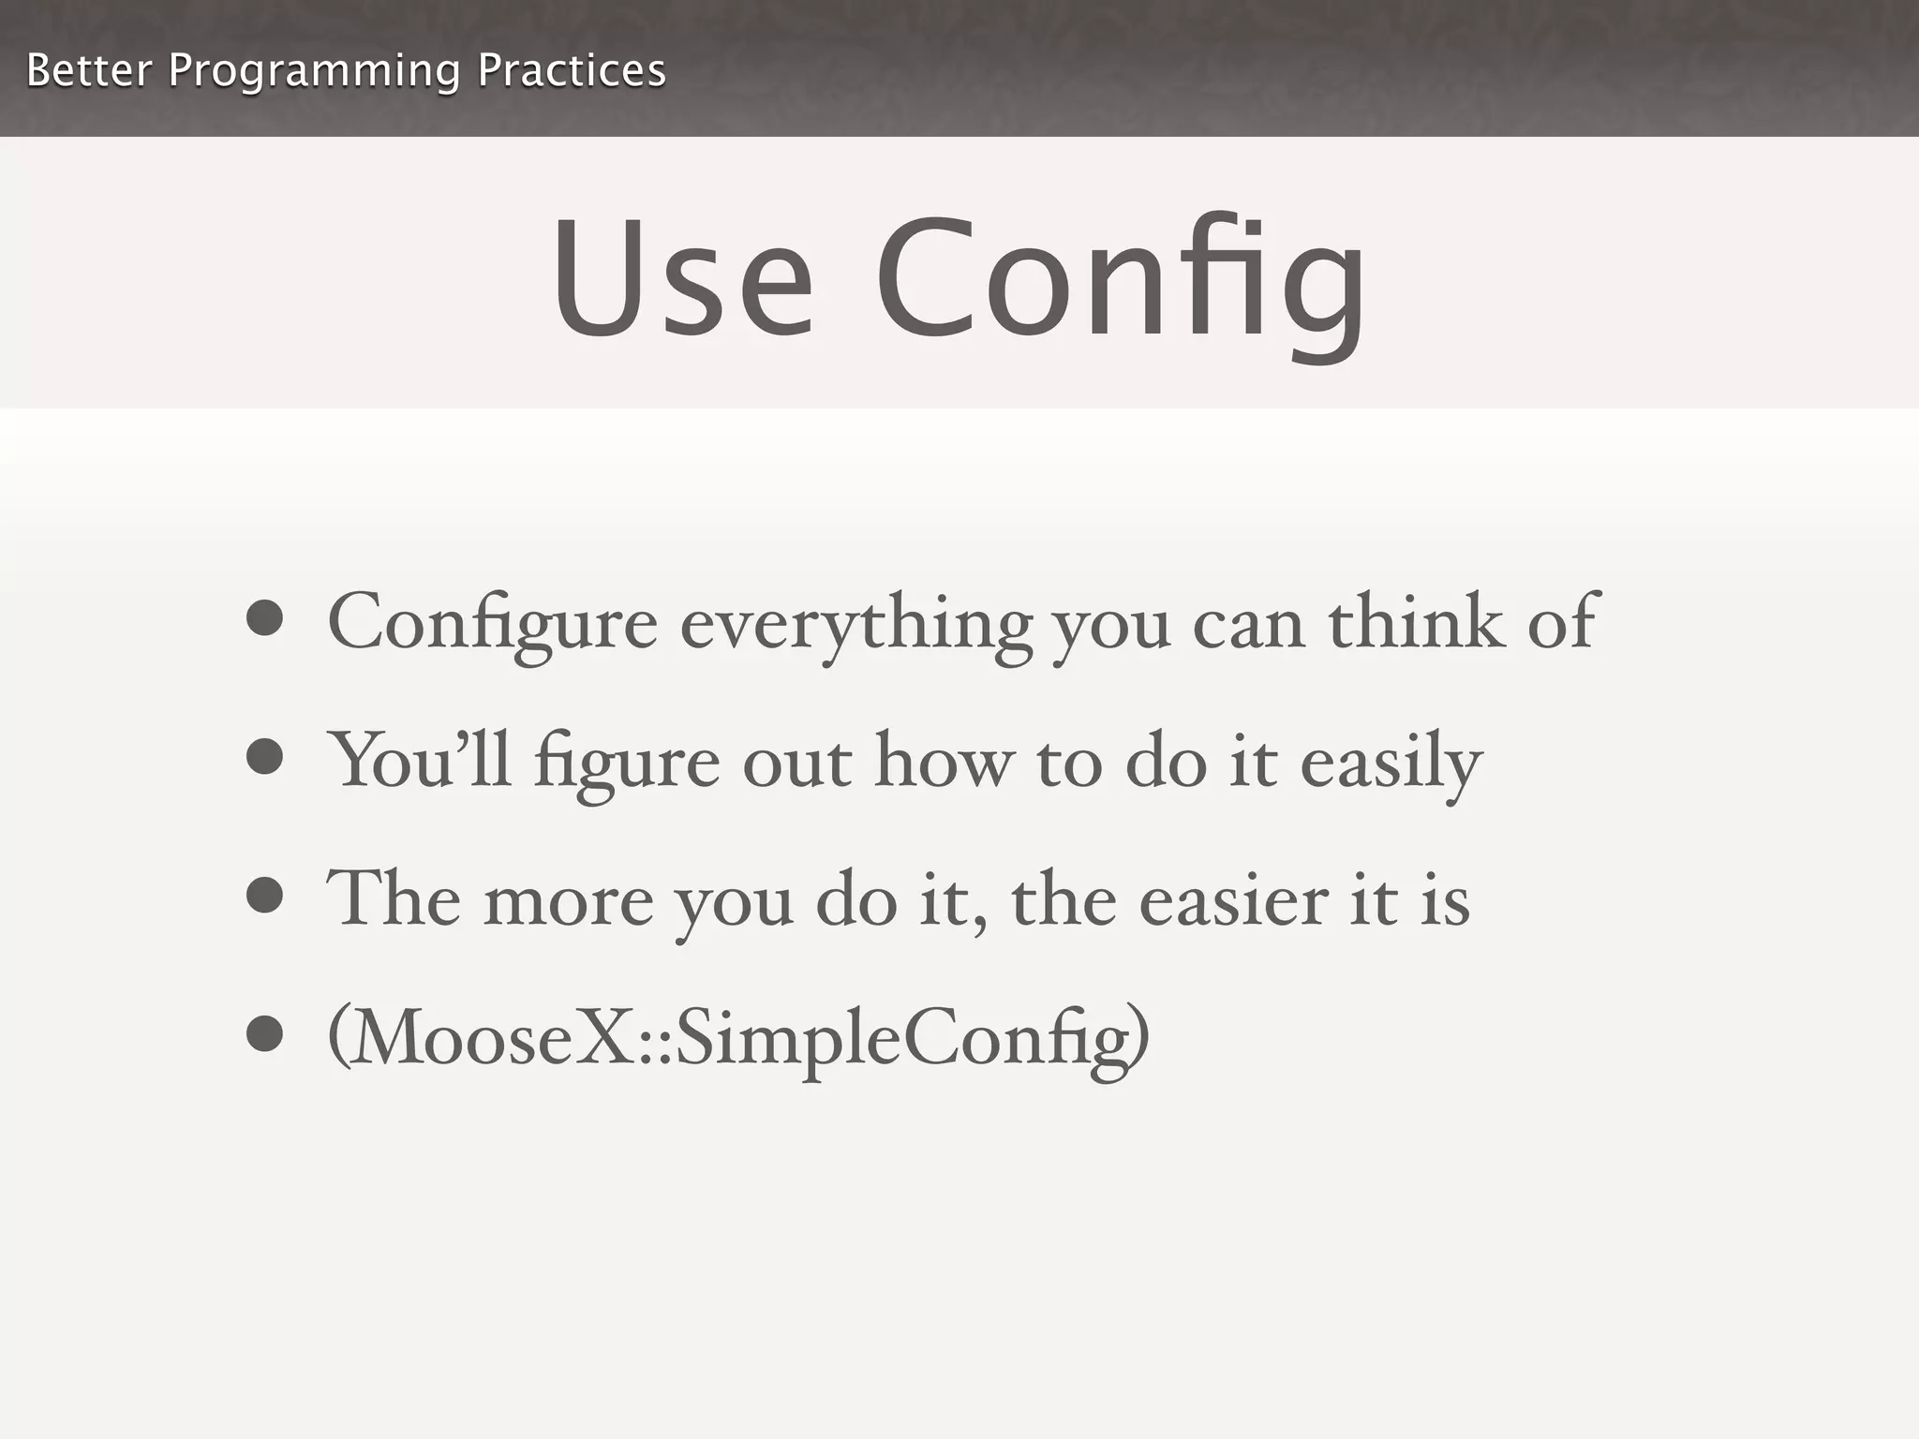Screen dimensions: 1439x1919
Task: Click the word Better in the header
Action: (x=88, y=70)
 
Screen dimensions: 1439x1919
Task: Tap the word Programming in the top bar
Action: (x=314, y=72)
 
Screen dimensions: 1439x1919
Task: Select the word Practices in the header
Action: (x=572, y=70)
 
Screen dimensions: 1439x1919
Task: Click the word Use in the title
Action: (x=682, y=278)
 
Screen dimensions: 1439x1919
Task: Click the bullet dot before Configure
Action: (x=265, y=618)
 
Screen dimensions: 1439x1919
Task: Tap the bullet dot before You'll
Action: (x=265, y=757)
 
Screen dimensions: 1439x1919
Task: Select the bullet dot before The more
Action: (x=265, y=895)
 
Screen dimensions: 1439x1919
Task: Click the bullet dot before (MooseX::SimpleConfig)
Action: (x=265, y=1034)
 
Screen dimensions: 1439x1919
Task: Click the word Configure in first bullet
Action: (x=492, y=623)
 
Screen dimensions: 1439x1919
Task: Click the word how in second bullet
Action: (x=945, y=761)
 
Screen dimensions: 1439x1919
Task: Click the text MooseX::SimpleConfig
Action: (x=738, y=1038)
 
